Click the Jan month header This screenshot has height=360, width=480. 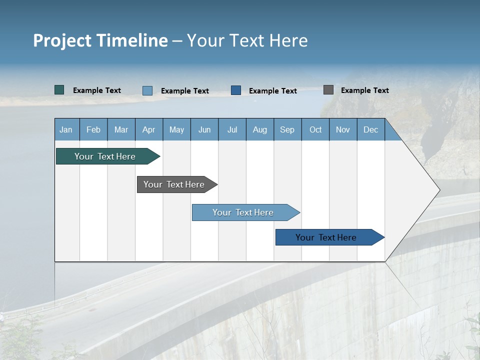coord(66,129)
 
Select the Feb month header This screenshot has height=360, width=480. coord(93,129)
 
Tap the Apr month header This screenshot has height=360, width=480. coord(149,129)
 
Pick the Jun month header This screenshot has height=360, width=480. coord(204,129)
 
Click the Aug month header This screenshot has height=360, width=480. coord(260,129)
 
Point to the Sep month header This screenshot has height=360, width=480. coord(287,129)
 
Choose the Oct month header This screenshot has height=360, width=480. coord(315,129)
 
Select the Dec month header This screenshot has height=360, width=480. coord(371,129)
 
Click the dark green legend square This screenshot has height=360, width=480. coord(59,90)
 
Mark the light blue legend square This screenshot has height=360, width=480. coord(147,90)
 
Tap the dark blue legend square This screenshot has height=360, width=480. coord(236,90)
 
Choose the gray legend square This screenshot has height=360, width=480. coord(328,90)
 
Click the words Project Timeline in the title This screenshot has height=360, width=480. coord(100,40)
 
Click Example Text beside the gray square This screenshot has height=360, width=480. coord(364,90)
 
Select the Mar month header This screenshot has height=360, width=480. coord(121,129)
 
